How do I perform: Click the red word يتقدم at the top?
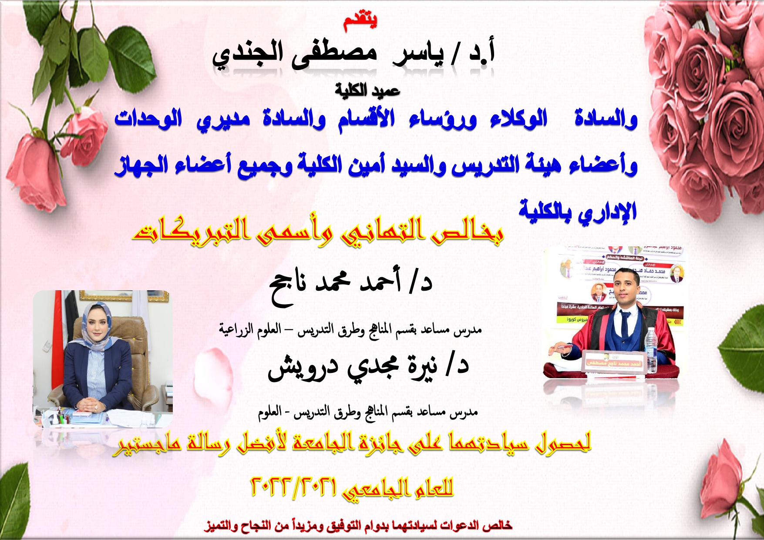[x=360, y=22]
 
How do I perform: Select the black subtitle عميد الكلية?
[x=367, y=90]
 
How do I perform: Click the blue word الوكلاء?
[x=518, y=118]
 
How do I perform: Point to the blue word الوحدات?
[x=148, y=118]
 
